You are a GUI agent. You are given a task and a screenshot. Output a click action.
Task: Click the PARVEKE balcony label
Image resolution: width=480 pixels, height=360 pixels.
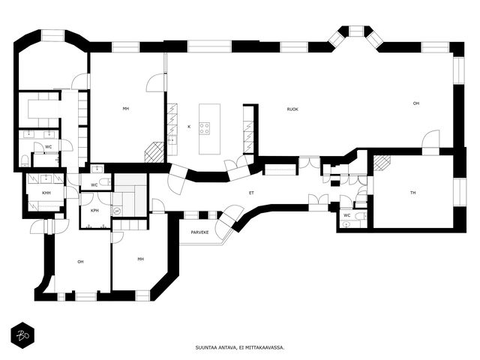click(199, 232)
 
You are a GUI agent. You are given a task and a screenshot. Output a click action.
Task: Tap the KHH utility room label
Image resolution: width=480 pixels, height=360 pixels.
click(46, 193)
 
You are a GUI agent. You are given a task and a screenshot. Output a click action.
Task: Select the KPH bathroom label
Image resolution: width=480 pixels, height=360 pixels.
click(94, 211)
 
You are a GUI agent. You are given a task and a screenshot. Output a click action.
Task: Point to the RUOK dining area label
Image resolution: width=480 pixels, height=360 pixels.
click(292, 109)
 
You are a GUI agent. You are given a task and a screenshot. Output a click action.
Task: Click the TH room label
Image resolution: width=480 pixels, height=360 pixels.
click(412, 193)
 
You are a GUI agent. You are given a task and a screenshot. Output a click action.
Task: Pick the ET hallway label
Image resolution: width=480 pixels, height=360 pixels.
click(251, 193)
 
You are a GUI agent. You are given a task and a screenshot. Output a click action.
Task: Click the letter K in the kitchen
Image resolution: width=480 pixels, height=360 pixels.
click(189, 127)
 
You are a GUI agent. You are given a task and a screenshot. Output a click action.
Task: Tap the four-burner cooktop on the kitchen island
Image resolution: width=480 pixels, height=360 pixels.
click(205, 128)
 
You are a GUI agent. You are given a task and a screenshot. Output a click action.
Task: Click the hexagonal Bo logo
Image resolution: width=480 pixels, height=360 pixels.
click(22, 335)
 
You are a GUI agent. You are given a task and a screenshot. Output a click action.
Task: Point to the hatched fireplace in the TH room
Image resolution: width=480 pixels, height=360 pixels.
click(382, 163)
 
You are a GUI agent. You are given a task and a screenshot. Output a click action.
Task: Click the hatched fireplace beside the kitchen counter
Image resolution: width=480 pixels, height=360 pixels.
click(154, 151)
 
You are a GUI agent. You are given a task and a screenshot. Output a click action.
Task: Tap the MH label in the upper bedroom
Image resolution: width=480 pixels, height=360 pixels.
click(125, 109)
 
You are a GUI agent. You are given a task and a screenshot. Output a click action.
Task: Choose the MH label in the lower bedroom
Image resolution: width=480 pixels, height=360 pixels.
click(140, 259)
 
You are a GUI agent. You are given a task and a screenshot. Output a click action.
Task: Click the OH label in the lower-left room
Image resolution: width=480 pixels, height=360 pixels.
click(80, 262)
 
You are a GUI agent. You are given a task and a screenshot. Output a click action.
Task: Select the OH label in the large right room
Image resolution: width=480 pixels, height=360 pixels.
click(416, 103)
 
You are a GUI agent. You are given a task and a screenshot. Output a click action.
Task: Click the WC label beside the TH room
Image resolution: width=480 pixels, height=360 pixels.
click(346, 215)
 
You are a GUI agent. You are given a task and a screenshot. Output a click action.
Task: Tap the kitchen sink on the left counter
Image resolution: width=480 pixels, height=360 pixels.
click(172, 139)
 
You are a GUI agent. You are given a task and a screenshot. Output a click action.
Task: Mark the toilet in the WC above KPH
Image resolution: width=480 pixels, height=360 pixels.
click(105, 182)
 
